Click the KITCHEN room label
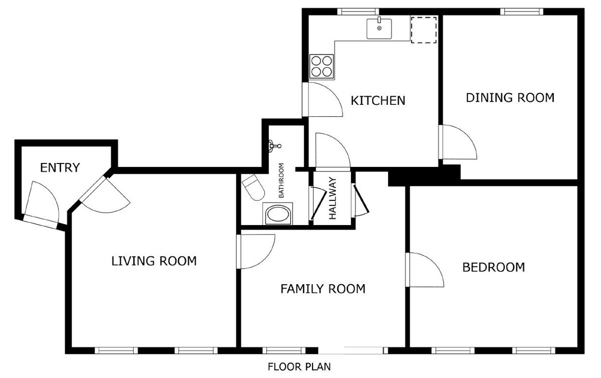click(x=378, y=100)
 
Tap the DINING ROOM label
click(x=510, y=98)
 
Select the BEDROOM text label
click(x=494, y=267)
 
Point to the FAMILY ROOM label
click(x=323, y=289)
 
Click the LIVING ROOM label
click(x=154, y=261)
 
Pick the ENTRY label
click(x=60, y=167)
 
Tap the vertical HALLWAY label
click(x=333, y=198)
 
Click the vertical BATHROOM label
click(x=281, y=180)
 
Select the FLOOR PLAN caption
click(x=299, y=366)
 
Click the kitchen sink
click(x=379, y=28)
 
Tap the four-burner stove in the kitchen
click(x=322, y=67)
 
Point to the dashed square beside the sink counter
click(x=424, y=30)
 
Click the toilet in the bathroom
click(x=253, y=187)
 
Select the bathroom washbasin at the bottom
click(x=277, y=214)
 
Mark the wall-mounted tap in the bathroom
click(x=275, y=146)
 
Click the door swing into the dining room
click(x=458, y=142)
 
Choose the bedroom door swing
click(x=425, y=270)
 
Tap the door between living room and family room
click(x=256, y=252)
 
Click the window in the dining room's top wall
click(x=521, y=12)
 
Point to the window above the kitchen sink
click(x=358, y=12)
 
